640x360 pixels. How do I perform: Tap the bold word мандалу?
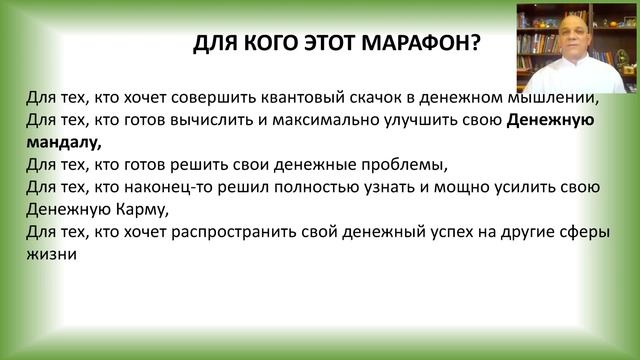tap(62, 143)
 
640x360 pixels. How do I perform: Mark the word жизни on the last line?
tap(52, 254)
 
